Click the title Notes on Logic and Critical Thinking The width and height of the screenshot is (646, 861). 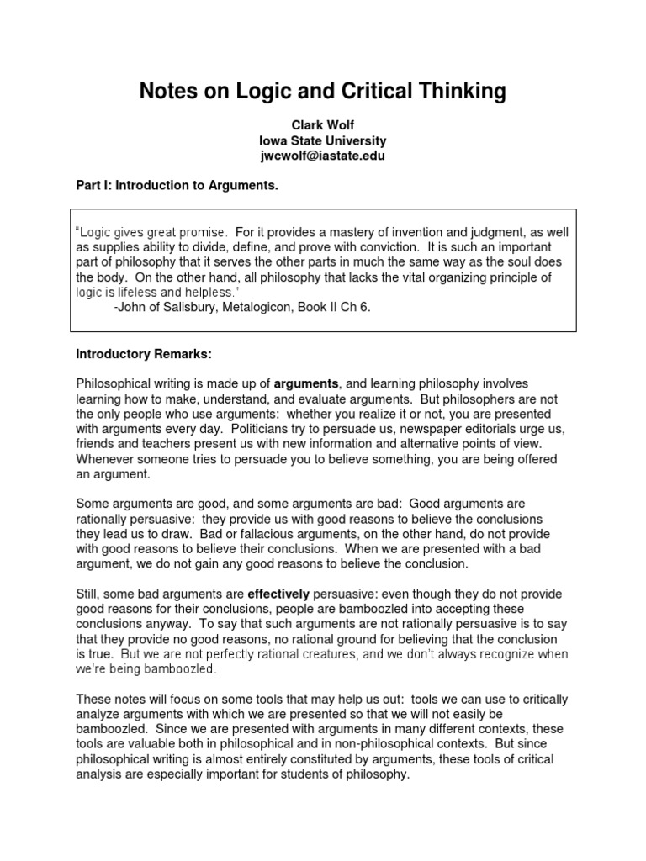coord(323,91)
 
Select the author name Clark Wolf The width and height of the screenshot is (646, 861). coord(323,124)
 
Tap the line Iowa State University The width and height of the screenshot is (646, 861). coord(323,140)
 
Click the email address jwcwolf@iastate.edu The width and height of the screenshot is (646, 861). coord(323,156)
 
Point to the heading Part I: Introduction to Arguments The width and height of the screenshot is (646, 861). coord(177,184)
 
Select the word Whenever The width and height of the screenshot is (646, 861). coord(106,459)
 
